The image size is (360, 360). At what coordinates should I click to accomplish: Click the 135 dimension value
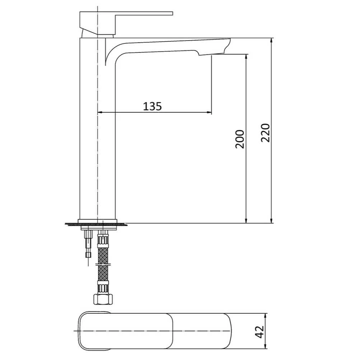[x=153, y=106]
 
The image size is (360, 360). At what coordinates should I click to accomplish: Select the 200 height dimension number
[x=240, y=139]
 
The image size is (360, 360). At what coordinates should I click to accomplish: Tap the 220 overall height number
[x=265, y=132]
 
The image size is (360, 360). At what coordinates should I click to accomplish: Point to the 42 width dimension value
[x=260, y=331]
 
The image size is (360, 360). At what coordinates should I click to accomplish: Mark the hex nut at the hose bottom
[x=103, y=299]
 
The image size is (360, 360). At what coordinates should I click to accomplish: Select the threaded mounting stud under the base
[x=88, y=244]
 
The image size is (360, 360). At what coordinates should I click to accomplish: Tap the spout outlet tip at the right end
[x=226, y=45]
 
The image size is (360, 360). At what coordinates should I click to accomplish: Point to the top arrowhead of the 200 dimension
[x=246, y=57]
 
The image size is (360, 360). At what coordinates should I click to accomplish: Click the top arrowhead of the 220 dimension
[x=272, y=41]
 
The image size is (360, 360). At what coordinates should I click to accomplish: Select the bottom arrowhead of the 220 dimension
[x=272, y=220]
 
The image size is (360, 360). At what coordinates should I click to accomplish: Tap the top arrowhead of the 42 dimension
[x=266, y=315]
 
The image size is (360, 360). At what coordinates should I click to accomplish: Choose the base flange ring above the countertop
[x=98, y=221]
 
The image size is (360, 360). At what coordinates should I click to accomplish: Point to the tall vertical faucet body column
[x=97, y=136]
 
